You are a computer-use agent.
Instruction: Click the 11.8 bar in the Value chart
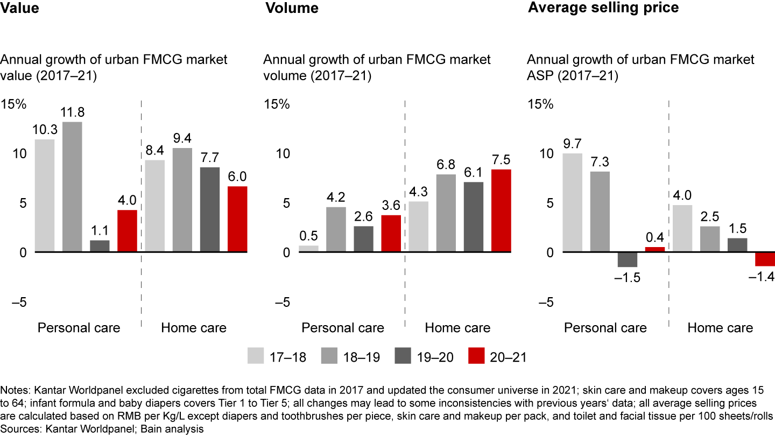click(72, 187)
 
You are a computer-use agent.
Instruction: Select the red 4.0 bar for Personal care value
click(127, 231)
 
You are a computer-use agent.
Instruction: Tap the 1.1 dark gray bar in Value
click(100, 246)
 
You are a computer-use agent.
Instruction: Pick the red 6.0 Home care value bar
click(237, 219)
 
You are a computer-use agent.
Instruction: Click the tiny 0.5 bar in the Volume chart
click(308, 249)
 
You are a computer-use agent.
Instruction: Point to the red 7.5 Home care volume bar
click(500, 210)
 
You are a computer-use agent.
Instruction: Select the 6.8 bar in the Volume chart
click(445, 213)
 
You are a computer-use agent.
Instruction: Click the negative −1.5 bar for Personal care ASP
click(627, 259)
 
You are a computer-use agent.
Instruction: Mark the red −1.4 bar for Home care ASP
click(764, 259)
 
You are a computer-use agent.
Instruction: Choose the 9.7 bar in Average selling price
click(572, 202)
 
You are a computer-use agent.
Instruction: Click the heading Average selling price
click(603, 8)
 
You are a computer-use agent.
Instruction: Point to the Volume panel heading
click(291, 8)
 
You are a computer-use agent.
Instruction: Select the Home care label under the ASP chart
click(720, 328)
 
